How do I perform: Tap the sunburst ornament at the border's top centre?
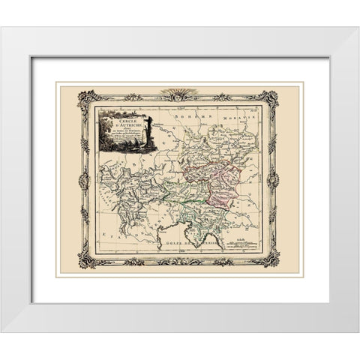(x=179, y=93)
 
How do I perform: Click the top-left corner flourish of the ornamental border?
(x=87, y=98)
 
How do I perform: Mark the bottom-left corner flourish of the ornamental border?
(x=87, y=259)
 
